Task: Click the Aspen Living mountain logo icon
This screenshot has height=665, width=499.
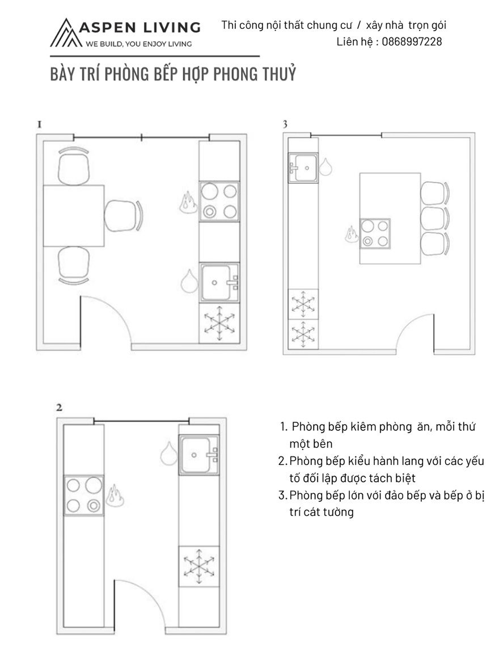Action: pyautogui.click(x=65, y=33)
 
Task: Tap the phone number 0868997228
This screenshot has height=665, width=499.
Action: pyautogui.click(x=412, y=41)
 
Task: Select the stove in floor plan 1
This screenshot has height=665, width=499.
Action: pyautogui.click(x=219, y=201)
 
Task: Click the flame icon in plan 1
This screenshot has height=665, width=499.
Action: pyautogui.click(x=187, y=202)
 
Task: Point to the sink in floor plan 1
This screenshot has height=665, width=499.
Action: pyautogui.click(x=219, y=282)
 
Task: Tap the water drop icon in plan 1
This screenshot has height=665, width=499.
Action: pyautogui.click(x=189, y=281)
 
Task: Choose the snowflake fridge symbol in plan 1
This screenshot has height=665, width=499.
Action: pyautogui.click(x=219, y=323)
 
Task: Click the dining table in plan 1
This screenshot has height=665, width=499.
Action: pyautogui.click(x=74, y=216)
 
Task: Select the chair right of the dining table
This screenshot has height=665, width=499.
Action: pyautogui.click(x=124, y=216)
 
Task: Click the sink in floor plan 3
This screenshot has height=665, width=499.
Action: pyautogui.click(x=303, y=168)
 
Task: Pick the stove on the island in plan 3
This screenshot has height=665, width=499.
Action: pyautogui.click(x=375, y=233)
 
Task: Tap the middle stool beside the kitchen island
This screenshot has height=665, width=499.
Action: pyautogui.click(x=434, y=218)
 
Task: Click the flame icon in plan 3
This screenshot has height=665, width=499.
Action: pyautogui.click(x=352, y=234)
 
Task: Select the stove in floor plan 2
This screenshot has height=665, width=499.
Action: pyautogui.click(x=83, y=495)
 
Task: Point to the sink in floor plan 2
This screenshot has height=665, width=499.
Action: pyautogui.click(x=199, y=455)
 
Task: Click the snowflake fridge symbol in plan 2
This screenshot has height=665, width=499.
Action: pyautogui.click(x=198, y=566)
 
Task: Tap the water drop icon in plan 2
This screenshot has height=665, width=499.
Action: pyautogui.click(x=168, y=454)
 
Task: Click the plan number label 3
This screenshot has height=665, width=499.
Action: pyautogui.click(x=285, y=124)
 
